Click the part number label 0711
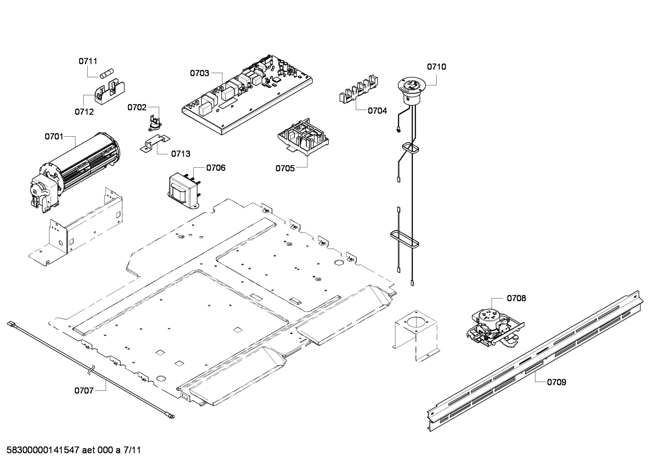(x=88, y=61)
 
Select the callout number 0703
(x=199, y=73)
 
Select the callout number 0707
(x=84, y=390)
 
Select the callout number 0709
(x=556, y=382)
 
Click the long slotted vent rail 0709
(x=537, y=359)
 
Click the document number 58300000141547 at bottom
(x=43, y=451)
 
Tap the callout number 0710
(x=436, y=67)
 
